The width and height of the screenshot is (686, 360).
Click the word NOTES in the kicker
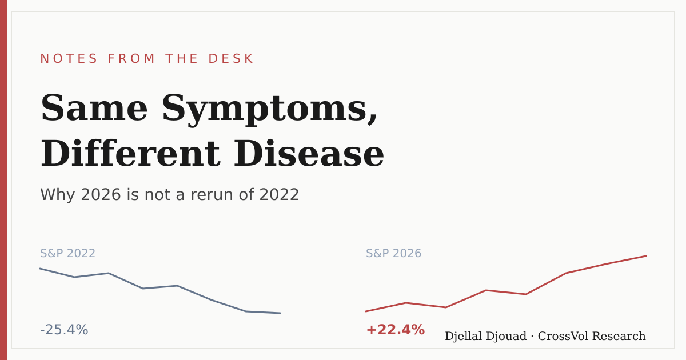click(69, 59)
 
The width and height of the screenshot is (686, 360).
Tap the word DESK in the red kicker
click(230, 59)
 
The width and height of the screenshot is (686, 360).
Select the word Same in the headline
click(94, 108)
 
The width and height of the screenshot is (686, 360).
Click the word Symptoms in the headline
click(269, 110)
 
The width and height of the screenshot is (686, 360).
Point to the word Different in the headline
click(130, 153)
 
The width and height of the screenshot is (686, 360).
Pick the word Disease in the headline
click(309, 153)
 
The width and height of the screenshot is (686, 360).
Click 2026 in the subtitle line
click(101, 194)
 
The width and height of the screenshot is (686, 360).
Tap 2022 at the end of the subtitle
click(279, 194)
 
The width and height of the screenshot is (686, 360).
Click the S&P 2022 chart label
click(67, 254)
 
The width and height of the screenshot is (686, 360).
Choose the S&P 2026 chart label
click(393, 254)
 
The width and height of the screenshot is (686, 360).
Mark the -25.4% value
click(64, 330)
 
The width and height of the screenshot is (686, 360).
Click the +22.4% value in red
click(396, 330)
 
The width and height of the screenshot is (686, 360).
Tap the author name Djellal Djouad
click(485, 337)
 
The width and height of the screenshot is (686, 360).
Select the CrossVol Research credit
click(592, 336)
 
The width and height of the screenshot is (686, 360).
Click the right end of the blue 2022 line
click(280, 313)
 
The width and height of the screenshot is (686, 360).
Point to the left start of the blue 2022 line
click(40, 269)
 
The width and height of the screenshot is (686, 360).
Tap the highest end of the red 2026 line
click(646, 256)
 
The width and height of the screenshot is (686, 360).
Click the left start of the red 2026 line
click(366, 311)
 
